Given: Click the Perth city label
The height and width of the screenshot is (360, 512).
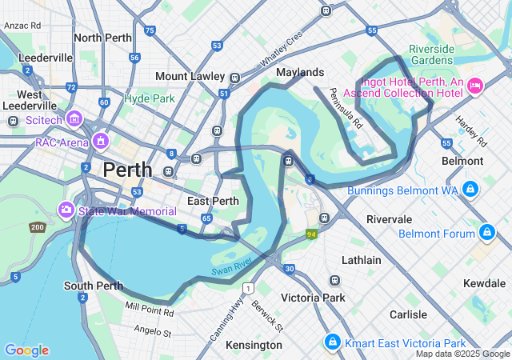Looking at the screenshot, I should tap(127, 170).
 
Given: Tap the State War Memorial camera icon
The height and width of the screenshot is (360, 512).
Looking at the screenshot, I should tap(66, 210).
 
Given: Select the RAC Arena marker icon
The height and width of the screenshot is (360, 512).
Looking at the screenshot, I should tap(101, 142).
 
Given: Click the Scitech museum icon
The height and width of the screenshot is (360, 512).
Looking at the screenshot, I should tap(74, 119).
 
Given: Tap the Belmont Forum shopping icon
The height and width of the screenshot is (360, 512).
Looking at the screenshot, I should tap(486, 233).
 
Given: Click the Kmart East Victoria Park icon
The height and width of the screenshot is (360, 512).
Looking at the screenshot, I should tap(331, 342).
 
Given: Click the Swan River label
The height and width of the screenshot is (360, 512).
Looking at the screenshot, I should tap(232, 267).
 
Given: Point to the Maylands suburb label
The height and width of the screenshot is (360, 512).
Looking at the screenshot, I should tap(300, 72).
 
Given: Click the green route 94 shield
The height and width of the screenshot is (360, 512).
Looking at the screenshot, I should tap(310, 234).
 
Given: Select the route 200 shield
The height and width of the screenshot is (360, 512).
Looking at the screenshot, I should tap(37, 228).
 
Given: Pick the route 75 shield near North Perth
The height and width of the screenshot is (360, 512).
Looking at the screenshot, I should tap(150, 30).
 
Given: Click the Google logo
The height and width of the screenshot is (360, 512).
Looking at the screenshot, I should tap(26, 350).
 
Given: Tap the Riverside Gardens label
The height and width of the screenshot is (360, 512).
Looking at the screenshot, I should tap(432, 54).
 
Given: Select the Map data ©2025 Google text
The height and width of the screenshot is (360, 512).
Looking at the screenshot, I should tap(462, 354).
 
